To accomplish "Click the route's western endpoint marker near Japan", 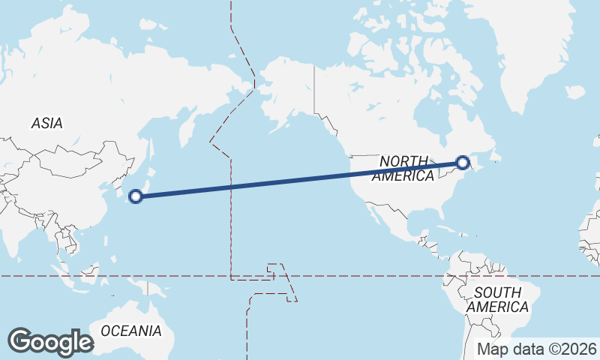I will pos(136,196).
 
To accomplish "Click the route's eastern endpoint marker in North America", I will pos(463,162).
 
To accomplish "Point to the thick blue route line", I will pos(300,180).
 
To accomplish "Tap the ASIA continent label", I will pos(46,124).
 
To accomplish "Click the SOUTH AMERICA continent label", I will pos(496,300).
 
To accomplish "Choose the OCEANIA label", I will pos(130,331).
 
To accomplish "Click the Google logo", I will pos(50,342).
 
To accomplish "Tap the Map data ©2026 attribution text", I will pos(537,349).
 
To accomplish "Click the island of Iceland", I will pos(575,92).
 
